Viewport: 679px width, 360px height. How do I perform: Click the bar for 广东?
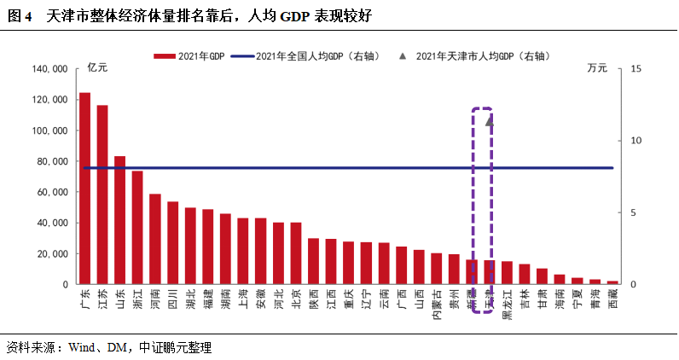tap(84, 188)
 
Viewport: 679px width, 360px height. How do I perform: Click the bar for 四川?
tap(173, 243)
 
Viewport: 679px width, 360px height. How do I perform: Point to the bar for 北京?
tap(296, 253)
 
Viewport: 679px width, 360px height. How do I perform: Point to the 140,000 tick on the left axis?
tap(50, 69)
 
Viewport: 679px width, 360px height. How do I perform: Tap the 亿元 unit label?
tap(99, 68)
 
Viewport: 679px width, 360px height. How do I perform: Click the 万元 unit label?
tap(597, 68)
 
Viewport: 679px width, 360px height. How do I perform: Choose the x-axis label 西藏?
tap(612, 299)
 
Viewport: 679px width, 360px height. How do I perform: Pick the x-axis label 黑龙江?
tap(507, 304)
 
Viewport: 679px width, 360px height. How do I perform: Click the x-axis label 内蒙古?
tap(437, 304)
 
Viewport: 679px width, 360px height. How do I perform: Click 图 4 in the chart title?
tap(19, 16)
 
